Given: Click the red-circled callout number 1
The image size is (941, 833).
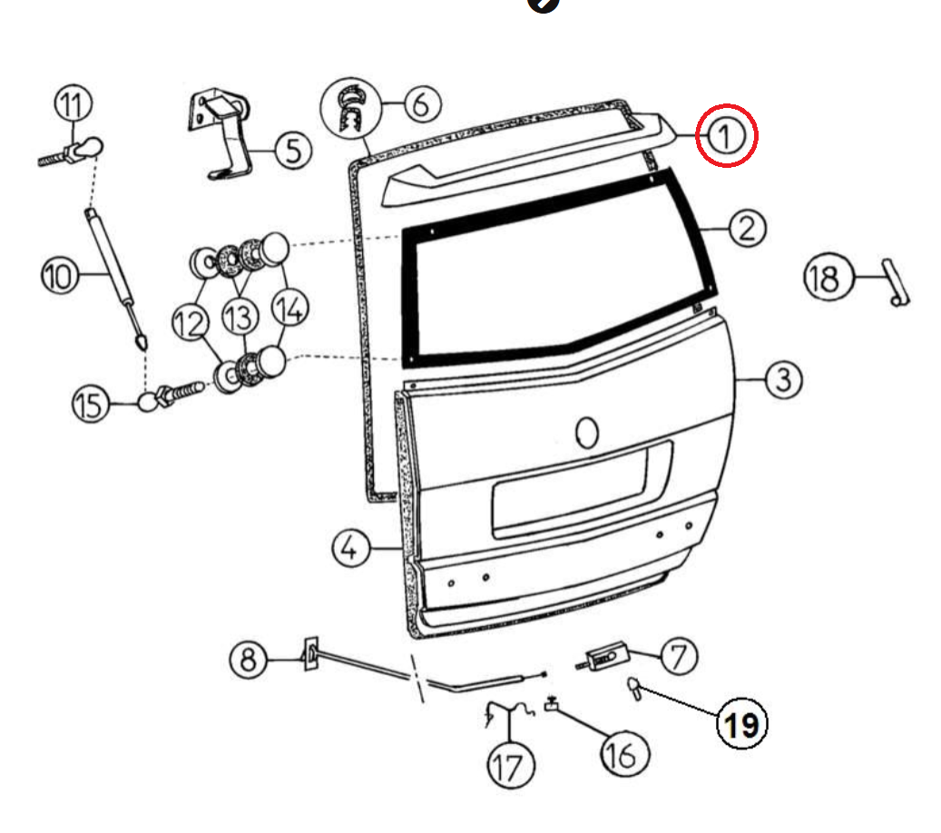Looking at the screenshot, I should (726, 137).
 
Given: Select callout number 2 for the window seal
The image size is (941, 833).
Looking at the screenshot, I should (745, 228).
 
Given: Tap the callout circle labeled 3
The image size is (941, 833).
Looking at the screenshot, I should (783, 378).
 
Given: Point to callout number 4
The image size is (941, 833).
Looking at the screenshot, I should (351, 548).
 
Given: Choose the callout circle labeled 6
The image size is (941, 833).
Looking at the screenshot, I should (419, 104).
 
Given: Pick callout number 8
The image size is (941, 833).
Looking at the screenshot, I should (248, 659).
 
